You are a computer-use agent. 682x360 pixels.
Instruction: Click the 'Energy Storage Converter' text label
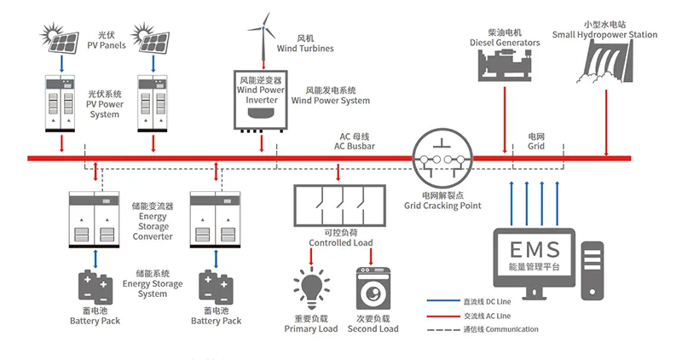(153, 221)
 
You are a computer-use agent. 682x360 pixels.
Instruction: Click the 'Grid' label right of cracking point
(535, 142)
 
